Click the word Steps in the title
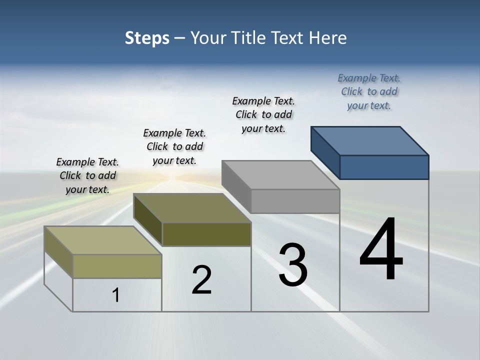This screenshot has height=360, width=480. [147, 38]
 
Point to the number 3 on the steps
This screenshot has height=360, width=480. [293, 265]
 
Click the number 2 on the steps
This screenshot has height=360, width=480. [202, 280]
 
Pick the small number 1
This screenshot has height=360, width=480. [116, 295]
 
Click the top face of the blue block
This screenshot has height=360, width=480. [370, 140]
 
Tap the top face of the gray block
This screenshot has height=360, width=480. [280, 175]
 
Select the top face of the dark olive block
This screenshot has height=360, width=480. [192, 208]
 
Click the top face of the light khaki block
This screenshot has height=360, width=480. [103, 240]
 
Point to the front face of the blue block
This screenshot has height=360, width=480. [384, 167]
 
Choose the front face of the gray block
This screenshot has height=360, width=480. [295, 201]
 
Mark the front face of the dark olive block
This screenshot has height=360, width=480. [206, 234]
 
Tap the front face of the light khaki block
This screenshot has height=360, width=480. [117, 266]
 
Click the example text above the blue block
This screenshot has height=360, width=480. [369, 92]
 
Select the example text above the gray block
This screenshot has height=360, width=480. [263, 114]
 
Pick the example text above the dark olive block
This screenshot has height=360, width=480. [174, 146]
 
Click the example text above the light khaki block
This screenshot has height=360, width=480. [87, 175]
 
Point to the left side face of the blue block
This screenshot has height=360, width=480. [325, 152]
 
